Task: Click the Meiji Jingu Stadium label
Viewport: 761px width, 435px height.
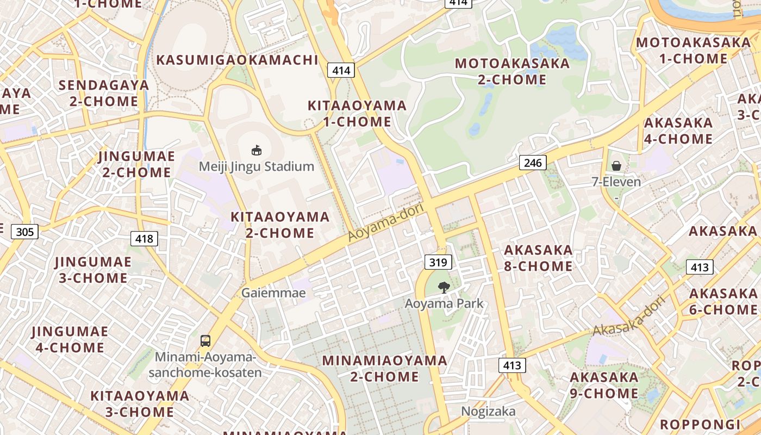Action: pyautogui.click(x=257, y=166)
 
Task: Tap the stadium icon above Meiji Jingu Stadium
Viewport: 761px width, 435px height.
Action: pyautogui.click(x=257, y=150)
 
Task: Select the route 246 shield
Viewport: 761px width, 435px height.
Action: pyautogui.click(x=533, y=162)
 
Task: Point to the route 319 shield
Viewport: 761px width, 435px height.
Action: pyautogui.click(x=438, y=263)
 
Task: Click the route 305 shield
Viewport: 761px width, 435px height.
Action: pyautogui.click(x=24, y=232)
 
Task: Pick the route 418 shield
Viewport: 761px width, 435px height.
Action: pyautogui.click(x=144, y=238)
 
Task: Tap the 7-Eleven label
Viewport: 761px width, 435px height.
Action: pyautogui.click(x=616, y=182)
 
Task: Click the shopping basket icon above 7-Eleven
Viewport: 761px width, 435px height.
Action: pyautogui.click(x=616, y=165)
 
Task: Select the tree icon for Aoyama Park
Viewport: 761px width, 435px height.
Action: pyautogui.click(x=444, y=287)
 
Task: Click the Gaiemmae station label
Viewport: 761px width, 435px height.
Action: pyautogui.click(x=273, y=293)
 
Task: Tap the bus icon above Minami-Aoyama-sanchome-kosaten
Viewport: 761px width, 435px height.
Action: pyautogui.click(x=205, y=341)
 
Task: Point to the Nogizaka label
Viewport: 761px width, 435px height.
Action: pyautogui.click(x=488, y=411)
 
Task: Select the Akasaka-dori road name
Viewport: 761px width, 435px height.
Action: pyautogui.click(x=629, y=315)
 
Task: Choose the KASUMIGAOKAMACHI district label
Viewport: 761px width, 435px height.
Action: pyautogui.click(x=237, y=60)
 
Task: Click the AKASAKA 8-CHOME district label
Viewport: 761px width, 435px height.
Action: pyautogui.click(x=538, y=258)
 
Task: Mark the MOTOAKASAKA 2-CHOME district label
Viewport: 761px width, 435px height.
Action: pyautogui.click(x=512, y=71)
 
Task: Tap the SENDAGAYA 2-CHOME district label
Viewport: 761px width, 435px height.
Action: pyautogui.click(x=104, y=93)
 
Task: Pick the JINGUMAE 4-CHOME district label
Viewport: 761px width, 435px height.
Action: pyautogui.click(x=70, y=339)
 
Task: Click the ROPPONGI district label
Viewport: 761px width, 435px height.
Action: pyautogui.click(x=700, y=425)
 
